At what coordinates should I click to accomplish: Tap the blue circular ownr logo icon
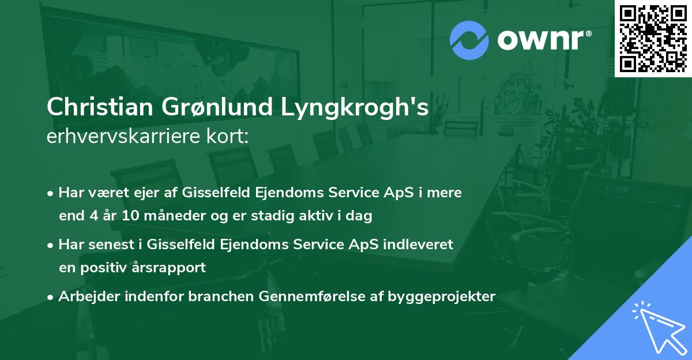(469, 40)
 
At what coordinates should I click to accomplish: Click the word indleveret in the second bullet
(424, 245)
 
